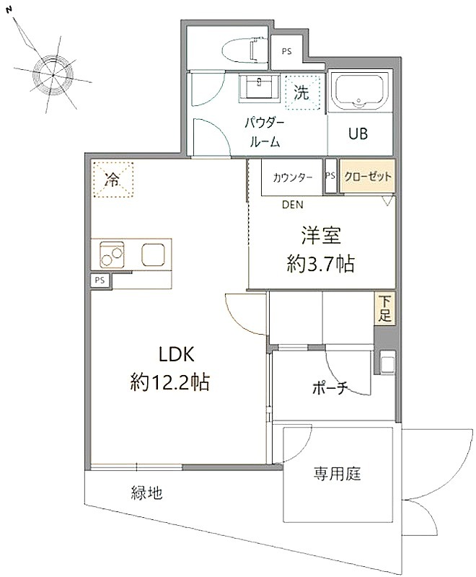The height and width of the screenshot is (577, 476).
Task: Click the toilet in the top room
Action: coord(244,49)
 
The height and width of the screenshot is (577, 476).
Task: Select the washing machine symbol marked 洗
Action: coord(301,92)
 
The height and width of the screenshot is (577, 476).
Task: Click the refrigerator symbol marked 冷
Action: coord(113,180)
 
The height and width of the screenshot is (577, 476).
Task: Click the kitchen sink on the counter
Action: coord(153,255)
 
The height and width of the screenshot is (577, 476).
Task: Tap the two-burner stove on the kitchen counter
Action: coord(112,255)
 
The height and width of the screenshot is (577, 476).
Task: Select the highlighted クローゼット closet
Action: coord(367,176)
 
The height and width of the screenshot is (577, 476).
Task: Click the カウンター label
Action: coord(292,177)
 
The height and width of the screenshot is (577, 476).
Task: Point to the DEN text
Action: coord(293,205)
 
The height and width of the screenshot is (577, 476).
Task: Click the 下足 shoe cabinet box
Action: coord(385,308)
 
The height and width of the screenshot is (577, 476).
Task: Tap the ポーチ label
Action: coord(330,387)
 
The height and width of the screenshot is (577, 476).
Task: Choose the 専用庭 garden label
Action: coord(337,474)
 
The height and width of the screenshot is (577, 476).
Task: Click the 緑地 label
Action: coord(146,493)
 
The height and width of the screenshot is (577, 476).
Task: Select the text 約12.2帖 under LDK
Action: coord(170,382)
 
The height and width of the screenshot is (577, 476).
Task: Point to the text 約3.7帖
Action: coord(321,263)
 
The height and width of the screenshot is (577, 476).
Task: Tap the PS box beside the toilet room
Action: coord(287,51)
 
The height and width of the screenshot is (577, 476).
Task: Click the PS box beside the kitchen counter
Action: coord(100,281)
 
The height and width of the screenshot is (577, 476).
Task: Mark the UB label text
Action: coord(358,134)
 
